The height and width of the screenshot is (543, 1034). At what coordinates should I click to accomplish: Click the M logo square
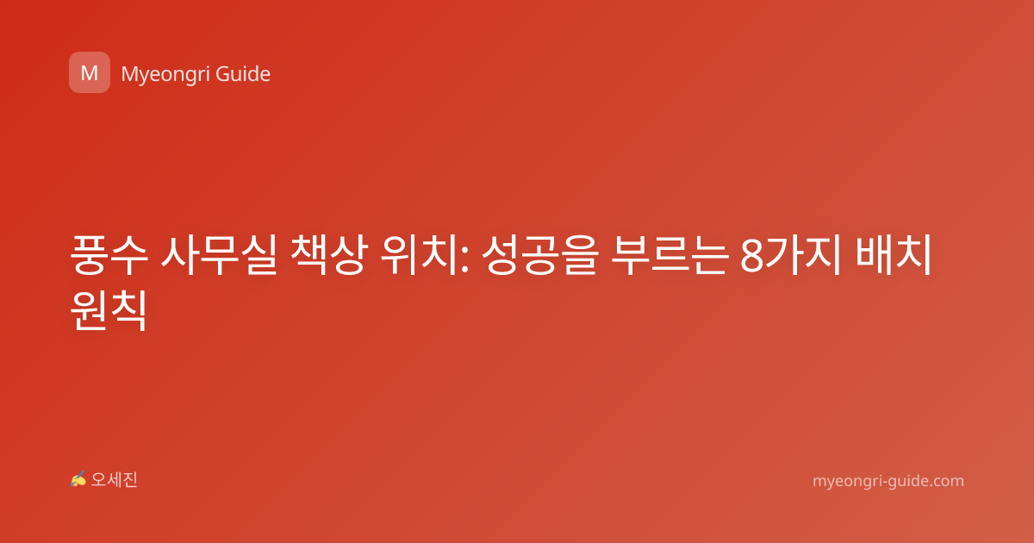click(x=90, y=72)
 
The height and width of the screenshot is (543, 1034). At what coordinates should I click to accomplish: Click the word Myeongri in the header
click(x=165, y=75)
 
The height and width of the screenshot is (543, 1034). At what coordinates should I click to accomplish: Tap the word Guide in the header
click(x=243, y=74)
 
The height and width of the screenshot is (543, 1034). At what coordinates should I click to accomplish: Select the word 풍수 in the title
click(x=109, y=255)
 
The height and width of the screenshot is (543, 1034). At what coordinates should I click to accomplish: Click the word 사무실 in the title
click(x=219, y=255)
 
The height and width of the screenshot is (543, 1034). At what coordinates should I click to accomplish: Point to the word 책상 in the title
click(x=329, y=255)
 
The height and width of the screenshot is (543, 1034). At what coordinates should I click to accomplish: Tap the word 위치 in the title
click(x=419, y=255)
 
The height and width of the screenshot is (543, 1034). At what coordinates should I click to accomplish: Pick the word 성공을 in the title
click(x=540, y=255)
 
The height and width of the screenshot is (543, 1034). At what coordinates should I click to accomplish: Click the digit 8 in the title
click(x=752, y=256)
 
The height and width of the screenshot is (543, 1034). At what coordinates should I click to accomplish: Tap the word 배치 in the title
click(x=894, y=255)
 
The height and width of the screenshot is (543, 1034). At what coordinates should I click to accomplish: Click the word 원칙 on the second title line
click(x=109, y=310)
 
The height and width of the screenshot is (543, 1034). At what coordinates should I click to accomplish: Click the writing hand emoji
click(x=78, y=479)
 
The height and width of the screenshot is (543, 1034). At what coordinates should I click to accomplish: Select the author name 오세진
click(x=114, y=480)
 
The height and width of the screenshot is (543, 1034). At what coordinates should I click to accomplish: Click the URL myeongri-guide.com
click(x=888, y=481)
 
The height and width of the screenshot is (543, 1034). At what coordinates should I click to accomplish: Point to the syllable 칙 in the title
click(x=128, y=310)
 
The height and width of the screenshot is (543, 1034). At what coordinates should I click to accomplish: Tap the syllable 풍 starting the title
click(x=90, y=255)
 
